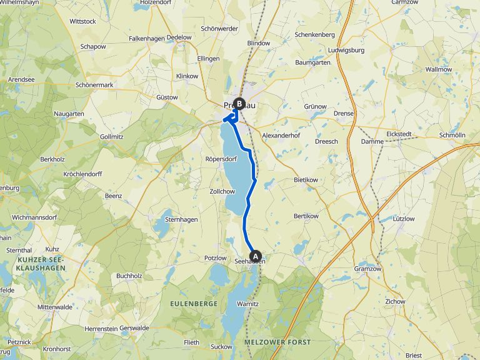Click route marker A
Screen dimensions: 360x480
255,255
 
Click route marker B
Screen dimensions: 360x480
239,104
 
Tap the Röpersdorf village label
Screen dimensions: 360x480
221,159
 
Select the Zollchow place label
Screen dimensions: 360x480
222,191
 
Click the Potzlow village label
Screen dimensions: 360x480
215,257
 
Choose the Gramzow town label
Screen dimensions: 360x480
367,269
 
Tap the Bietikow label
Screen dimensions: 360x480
306,179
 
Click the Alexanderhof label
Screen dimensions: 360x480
281,135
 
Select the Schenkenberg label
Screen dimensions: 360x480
315,34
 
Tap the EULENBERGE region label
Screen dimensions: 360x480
194,303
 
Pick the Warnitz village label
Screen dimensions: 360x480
247,304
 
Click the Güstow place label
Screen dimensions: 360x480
167,97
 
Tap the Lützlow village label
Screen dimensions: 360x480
403,219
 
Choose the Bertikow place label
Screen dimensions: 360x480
306,216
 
